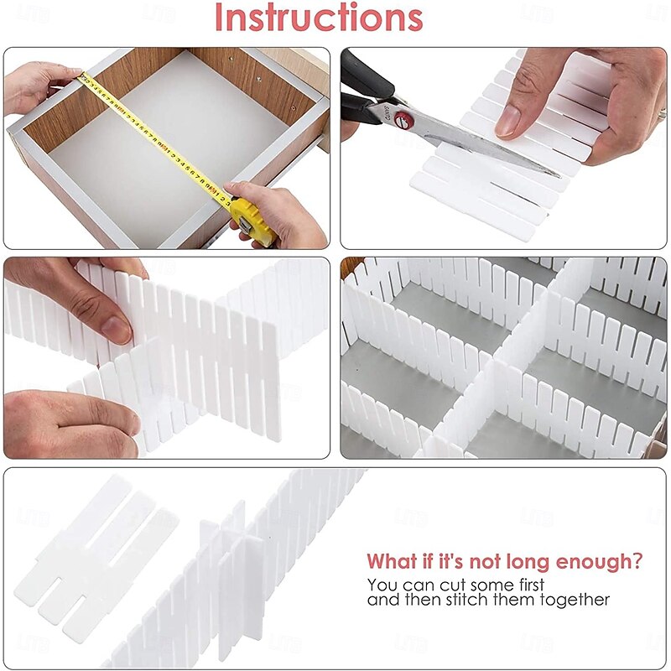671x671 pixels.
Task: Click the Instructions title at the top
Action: (x=318, y=18)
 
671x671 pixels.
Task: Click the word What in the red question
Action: (x=395, y=560)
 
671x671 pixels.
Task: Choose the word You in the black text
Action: (x=381, y=584)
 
